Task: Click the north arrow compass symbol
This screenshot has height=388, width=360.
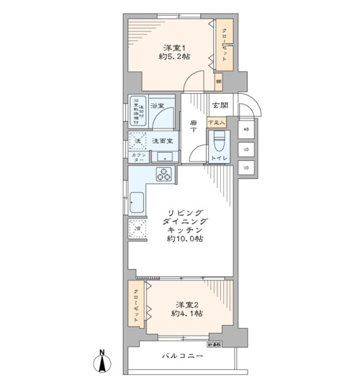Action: coord(102,361)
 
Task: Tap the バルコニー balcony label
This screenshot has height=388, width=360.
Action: coord(183,356)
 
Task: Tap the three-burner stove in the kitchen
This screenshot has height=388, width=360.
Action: coord(164,175)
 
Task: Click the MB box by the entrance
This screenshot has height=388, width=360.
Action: coord(245,129)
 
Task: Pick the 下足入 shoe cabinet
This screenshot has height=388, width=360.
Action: coord(216,122)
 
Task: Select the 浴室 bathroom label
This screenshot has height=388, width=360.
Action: coord(158,105)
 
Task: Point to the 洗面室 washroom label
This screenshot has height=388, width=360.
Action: coord(162,140)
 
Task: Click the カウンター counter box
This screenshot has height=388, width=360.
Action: coord(138,157)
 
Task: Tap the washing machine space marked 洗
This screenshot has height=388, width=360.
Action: coord(137,140)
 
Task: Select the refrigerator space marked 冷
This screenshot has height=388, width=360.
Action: coord(137,228)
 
